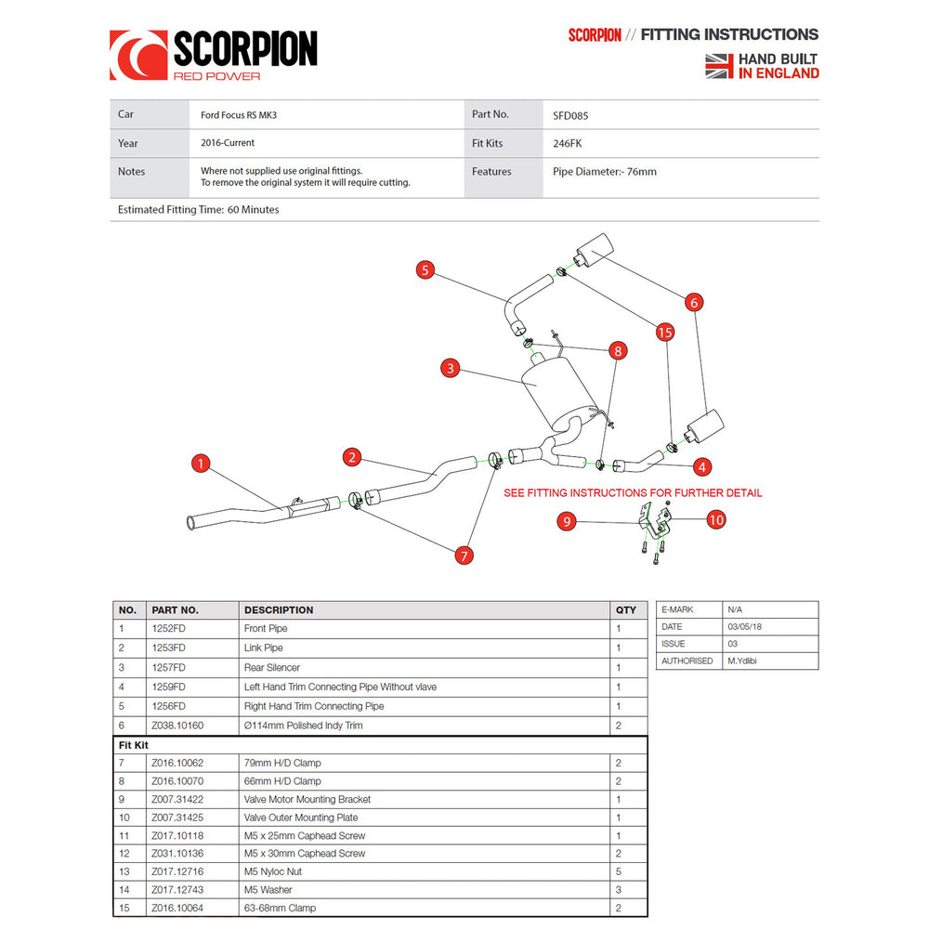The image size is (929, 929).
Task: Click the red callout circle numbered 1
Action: (201, 464)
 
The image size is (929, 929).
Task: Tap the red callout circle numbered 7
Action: (464, 556)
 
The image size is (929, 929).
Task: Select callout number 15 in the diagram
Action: (665, 333)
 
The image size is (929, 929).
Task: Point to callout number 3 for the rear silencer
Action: (451, 368)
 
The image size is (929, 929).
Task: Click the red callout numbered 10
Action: (716, 520)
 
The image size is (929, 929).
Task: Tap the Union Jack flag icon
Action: (719, 66)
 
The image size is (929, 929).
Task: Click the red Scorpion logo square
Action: (138, 55)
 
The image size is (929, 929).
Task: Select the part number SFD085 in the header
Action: (570, 115)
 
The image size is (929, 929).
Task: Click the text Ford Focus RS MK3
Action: (239, 115)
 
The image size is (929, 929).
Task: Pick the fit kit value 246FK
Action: (567, 143)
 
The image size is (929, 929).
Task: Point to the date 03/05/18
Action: (744, 626)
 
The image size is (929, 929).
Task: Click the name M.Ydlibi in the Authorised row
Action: (741, 661)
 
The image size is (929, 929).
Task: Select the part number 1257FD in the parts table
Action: (169, 667)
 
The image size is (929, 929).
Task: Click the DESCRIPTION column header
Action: (279, 609)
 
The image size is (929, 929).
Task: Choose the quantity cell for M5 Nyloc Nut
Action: (619, 871)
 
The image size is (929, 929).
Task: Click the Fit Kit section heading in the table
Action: (133, 745)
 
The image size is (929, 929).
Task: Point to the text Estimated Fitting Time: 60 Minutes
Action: (199, 209)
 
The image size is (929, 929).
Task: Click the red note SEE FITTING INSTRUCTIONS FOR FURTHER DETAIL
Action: (633, 493)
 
